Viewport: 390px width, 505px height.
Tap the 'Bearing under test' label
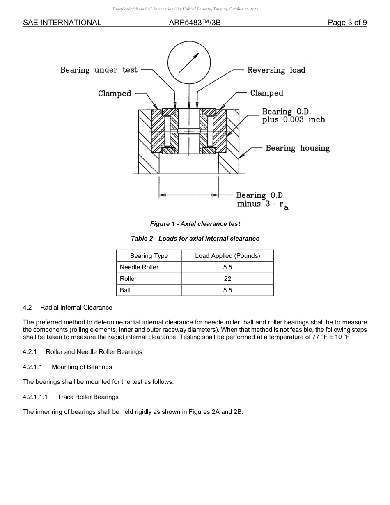point(99,70)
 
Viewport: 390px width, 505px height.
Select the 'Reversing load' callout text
point(276,70)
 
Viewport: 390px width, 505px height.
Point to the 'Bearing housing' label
point(298,148)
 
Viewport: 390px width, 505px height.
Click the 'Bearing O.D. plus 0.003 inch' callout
point(294,116)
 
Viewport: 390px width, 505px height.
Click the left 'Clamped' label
point(115,94)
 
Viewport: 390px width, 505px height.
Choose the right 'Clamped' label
point(267,93)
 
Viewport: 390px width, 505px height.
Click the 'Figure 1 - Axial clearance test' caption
point(195,224)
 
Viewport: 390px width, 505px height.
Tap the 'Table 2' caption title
point(195,238)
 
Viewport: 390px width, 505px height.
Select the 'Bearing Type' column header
point(149,256)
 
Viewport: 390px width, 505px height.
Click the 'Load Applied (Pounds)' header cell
point(227,256)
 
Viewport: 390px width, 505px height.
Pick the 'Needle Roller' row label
point(139,267)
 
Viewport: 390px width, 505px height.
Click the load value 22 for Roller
point(227,279)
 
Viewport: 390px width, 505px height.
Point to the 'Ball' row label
point(125,290)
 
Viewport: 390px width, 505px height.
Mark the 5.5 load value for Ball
point(227,290)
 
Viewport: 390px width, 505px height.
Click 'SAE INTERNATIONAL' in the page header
point(62,23)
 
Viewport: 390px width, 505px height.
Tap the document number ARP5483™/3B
point(195,23)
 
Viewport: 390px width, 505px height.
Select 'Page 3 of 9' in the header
point(347,23)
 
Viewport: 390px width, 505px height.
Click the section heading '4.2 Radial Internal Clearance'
point(68,308)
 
